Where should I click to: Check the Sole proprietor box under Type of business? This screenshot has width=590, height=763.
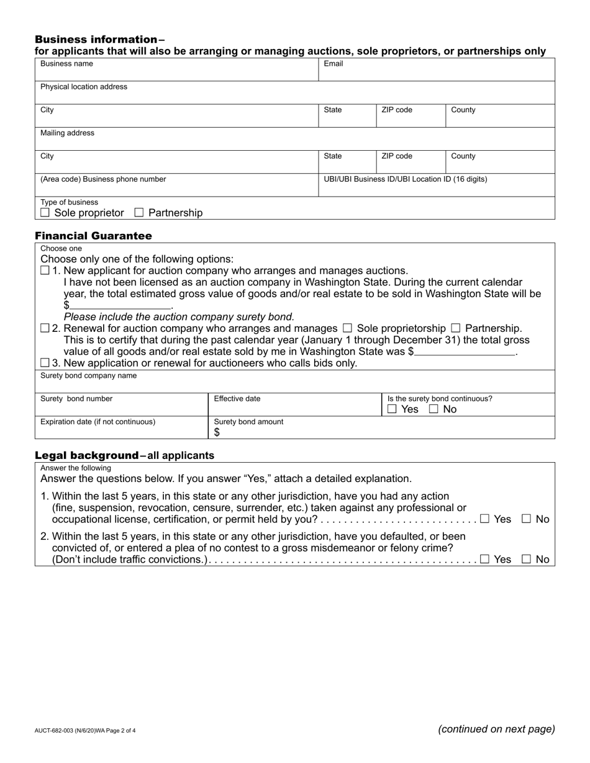pyautogui.click(x=45, y=213)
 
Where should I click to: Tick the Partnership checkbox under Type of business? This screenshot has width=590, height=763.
pyautogui.click(x=139, y=213)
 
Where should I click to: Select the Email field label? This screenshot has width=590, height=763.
pyautogui.click(x=334, y=64)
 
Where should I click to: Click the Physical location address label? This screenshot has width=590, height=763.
pyautogui.click(x=84, y=87)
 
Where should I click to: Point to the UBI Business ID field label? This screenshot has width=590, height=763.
pyautogui.click(x=405, y=179)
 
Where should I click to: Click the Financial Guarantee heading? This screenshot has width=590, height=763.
pyautogui.click(x=93, y=236)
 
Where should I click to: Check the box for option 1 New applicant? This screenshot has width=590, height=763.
pyautogui.click(x=45, y=270)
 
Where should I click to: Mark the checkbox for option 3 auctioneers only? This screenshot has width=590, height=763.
pyautogui.click(x=45, y=363)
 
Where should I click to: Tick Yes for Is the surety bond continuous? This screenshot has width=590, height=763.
pyautogui.click(x=392, y=409)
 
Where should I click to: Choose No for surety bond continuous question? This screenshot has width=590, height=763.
pyautogui.click(x=433, y=409)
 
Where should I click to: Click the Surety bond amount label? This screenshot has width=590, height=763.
pyautogui.click(x=248, y=422)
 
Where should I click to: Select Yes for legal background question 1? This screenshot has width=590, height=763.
pyautogui.click(x=484, y=519)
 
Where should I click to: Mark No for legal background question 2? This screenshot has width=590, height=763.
pyautogui.click(x=527, y=559)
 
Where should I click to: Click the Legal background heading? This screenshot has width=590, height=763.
pyautogui.click(x=86, y=455)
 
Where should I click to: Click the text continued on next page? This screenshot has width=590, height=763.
pyautogui.click(x=496, y=730)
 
